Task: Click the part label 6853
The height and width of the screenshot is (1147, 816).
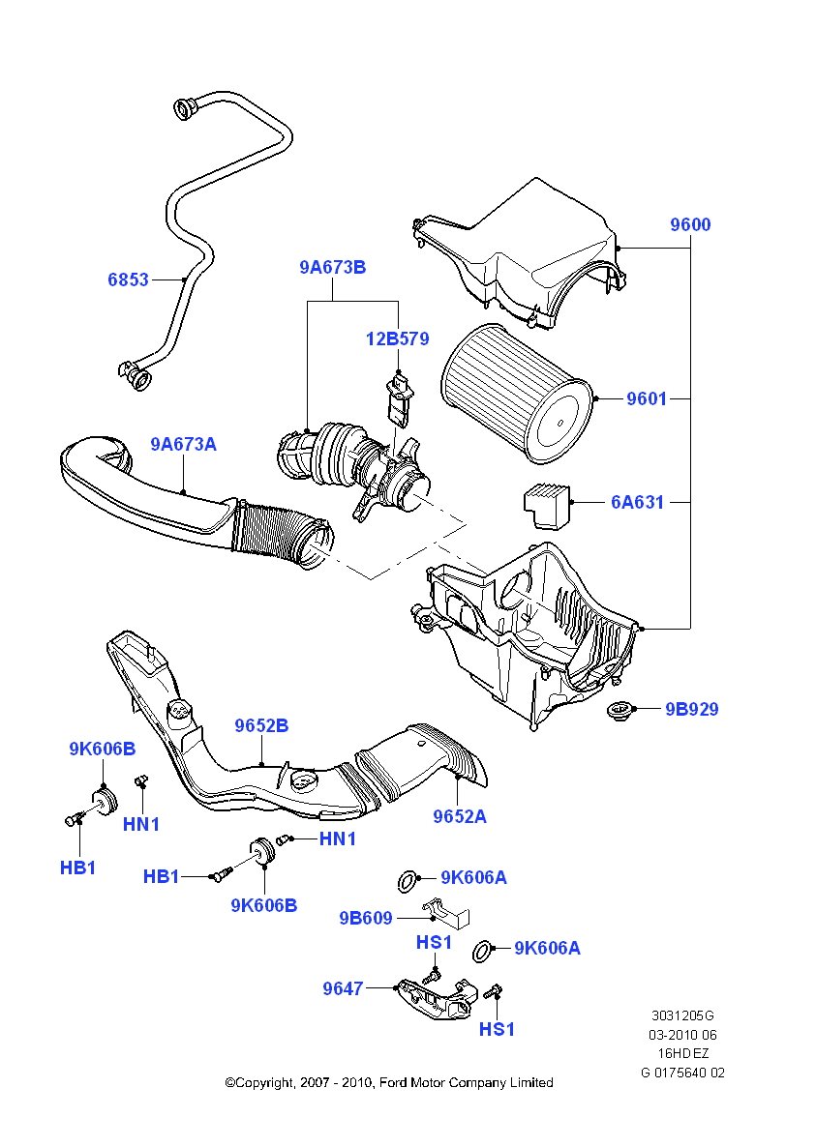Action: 128,279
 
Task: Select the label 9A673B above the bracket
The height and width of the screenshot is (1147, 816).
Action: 332,267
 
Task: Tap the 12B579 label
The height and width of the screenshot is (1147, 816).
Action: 397,339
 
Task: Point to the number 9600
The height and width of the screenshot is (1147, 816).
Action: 690,224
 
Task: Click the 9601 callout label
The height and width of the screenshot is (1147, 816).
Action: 647,397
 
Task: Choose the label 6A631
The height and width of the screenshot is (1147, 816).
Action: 638,502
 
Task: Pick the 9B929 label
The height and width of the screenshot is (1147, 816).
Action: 691,709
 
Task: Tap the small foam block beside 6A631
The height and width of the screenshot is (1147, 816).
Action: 548,505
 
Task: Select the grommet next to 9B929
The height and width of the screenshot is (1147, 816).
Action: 616,713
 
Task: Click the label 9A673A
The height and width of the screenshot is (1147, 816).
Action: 183,444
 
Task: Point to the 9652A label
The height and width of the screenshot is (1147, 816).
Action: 459,816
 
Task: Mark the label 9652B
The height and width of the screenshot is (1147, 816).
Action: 261,725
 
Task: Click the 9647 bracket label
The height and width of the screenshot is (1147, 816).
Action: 343,988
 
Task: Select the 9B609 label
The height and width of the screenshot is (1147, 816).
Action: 366,918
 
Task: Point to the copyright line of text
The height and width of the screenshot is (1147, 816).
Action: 389,1082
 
